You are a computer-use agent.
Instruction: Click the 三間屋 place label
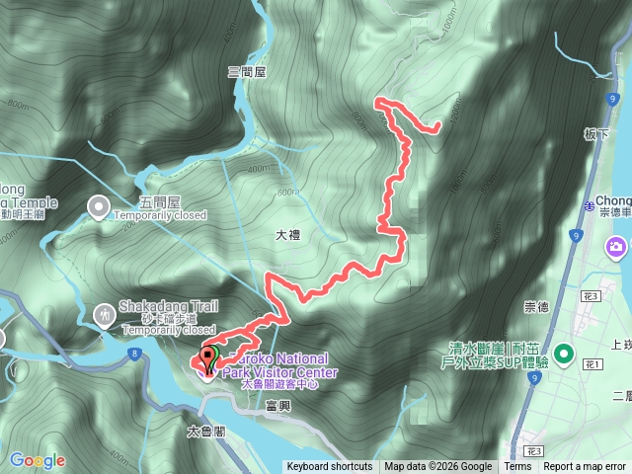[248, 72]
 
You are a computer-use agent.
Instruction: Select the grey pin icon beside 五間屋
[99, 207]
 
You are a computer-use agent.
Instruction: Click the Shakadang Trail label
[165, 306]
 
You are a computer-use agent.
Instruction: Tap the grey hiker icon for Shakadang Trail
[105, 314]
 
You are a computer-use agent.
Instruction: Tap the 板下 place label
[595, 134]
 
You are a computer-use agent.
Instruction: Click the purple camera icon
[617, 245]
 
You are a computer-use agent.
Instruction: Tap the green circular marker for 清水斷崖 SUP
[564, 353]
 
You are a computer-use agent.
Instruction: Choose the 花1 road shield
[592, 364]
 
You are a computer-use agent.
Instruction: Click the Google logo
[37, 460]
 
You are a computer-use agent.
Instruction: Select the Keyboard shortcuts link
[330, 467]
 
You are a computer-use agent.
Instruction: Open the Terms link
[517, 467]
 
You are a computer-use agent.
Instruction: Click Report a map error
[586, 467]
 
